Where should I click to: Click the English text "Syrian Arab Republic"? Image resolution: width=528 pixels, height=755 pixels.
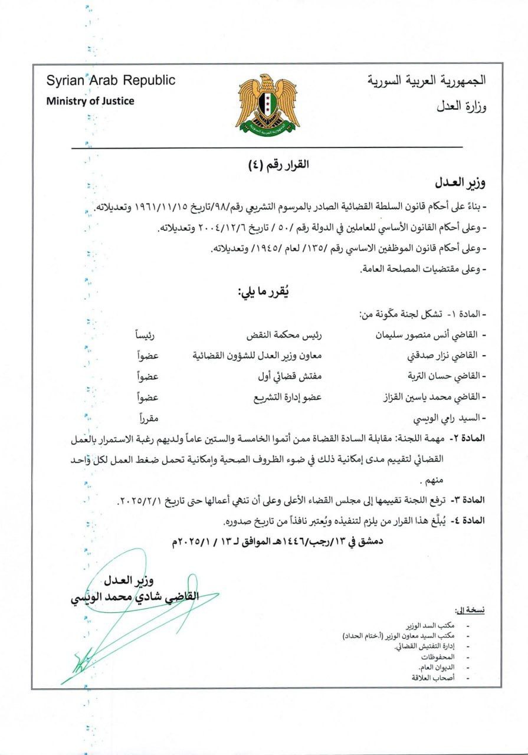[111, 80]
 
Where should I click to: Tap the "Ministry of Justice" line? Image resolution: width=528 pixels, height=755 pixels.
[90, 101]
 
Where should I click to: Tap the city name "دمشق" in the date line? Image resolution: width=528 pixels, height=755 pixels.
[370, 540]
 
